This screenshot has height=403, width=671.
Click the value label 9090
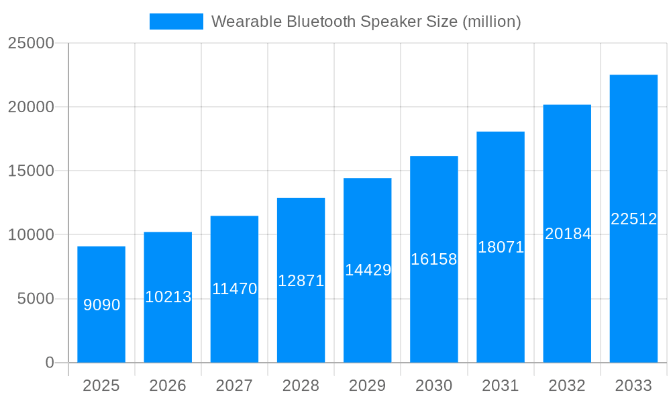102,305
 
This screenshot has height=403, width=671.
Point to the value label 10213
168,297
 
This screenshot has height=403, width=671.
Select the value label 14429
368,270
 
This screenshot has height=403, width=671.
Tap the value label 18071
501,247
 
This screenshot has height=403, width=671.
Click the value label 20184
568,234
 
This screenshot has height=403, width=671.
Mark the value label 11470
235,289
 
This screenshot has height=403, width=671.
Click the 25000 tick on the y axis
30,43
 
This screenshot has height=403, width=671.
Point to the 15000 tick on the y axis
30,171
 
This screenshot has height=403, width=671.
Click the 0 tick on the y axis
50,363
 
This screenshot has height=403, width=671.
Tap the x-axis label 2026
168,386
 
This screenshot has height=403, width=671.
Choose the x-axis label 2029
368,386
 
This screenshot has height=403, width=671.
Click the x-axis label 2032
567,386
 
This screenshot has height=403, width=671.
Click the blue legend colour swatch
176,21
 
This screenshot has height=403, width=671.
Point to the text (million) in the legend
492,21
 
